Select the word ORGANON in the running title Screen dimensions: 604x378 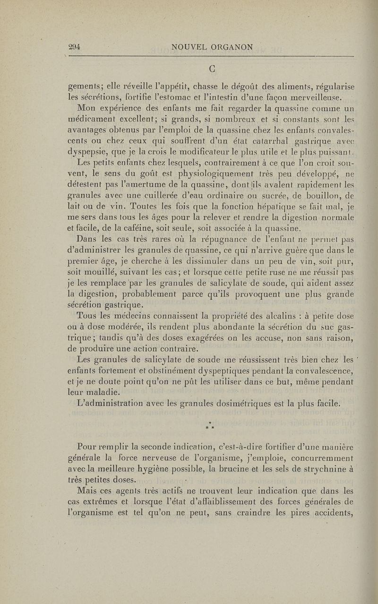[x=232, y=47]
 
